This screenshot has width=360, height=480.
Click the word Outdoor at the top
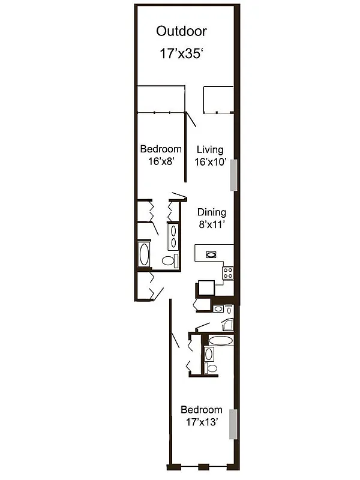[181, 31]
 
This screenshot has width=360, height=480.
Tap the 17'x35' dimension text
[181, 54]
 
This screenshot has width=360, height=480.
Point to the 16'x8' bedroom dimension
[160, 161]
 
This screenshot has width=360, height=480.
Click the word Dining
[212, 212]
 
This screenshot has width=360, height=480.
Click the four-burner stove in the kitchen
[228, 272]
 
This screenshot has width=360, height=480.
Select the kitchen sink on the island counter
[211, 254]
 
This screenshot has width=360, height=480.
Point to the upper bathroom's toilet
[171, 261]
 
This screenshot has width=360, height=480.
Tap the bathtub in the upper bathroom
[145, 255]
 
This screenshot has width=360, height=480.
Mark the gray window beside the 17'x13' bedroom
[236, 424]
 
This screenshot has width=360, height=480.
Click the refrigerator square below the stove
[205, 288]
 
